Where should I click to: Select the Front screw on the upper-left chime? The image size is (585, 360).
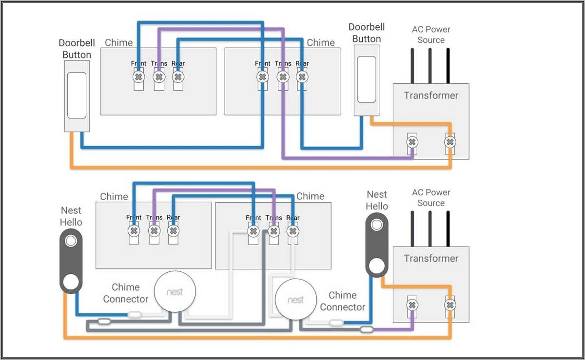(x=138, y=77)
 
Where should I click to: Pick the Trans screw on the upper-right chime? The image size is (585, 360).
(x=282, y=77)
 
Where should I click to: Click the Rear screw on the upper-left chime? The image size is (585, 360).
(x=178, y=77)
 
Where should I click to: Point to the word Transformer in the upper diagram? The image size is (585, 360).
(x=431, y=95)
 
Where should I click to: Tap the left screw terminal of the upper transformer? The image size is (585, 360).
(x=412, y=142)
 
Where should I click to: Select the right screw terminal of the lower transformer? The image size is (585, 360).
(x=450, y=305)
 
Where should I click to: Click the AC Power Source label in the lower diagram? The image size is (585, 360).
(x=431, y=197)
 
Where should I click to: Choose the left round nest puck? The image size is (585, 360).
(x=175, y=292)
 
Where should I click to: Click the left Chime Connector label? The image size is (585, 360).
(x=125, y=293)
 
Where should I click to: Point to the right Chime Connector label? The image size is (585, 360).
(x=342, y=301)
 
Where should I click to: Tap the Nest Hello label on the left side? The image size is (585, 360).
(x=71, y=216)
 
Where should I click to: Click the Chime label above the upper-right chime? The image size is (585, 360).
(x=320, y=42)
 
